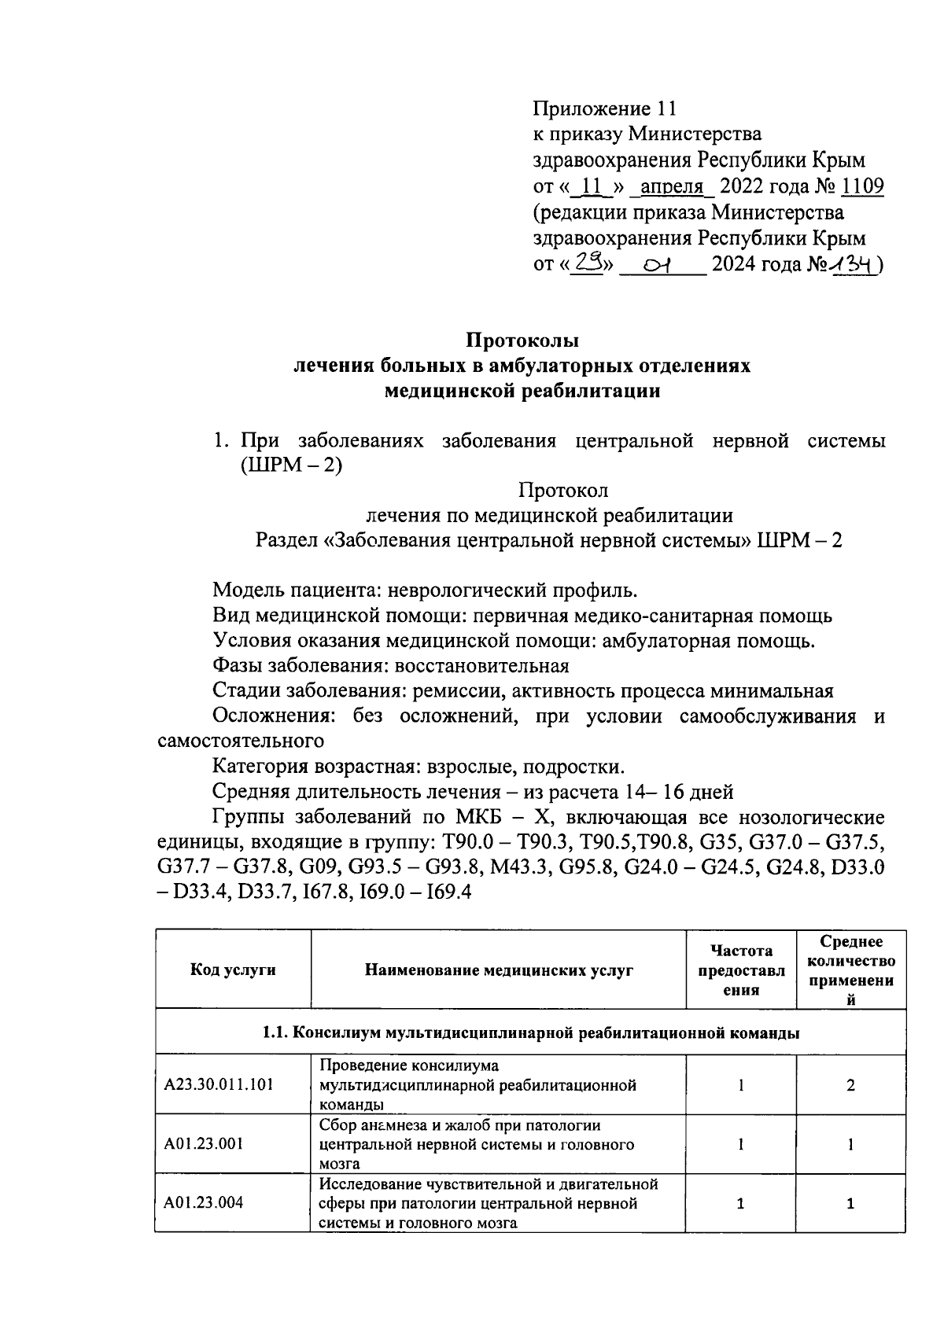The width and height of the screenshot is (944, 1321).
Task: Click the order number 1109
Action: (862, 187)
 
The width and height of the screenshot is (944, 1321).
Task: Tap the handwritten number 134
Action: (851, 266)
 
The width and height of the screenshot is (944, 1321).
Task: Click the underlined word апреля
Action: (672, 187)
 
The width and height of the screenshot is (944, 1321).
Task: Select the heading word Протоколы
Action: (522, 340)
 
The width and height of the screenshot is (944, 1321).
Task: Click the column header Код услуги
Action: (233, 970)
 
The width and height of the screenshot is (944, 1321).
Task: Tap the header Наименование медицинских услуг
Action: (499, 970)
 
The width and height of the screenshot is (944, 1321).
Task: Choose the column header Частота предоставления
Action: (741, 970)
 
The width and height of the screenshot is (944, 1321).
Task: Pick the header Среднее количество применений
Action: (851, 970)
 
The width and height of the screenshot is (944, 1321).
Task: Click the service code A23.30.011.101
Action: (219, 1085)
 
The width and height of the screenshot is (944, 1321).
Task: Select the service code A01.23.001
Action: (204, 1144)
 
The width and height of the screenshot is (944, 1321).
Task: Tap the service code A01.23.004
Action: (204, 1203)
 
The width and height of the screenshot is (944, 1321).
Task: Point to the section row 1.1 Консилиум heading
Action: (531, 1032)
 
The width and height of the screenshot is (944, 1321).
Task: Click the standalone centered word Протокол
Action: (563, 491)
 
